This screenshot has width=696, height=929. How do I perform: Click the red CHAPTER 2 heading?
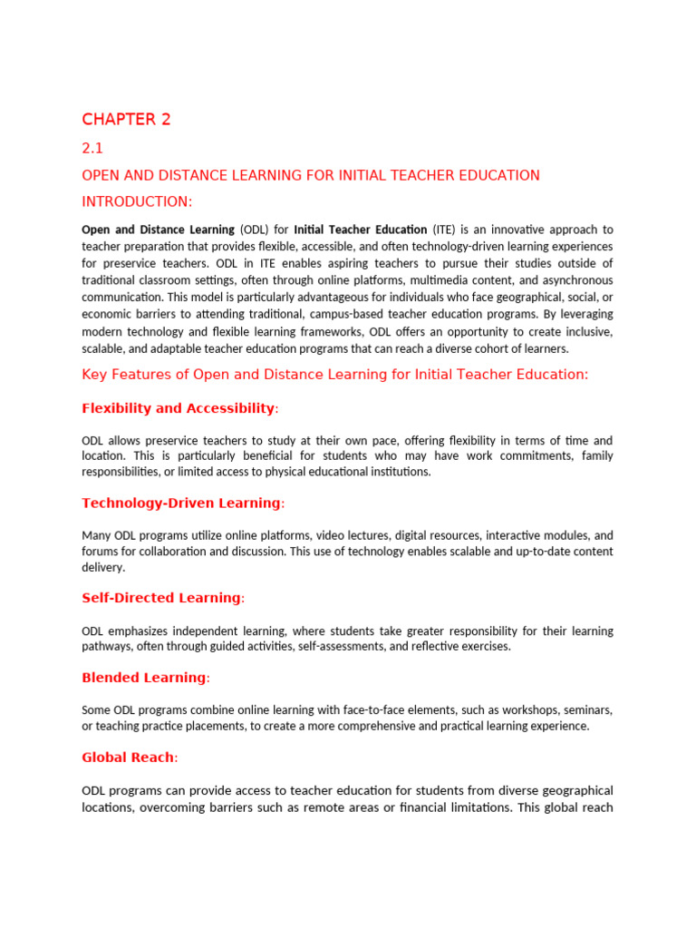pos(126,120)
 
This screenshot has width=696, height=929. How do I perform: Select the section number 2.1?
pos(94,149)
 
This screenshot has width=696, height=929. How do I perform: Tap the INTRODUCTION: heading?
pos(137,200)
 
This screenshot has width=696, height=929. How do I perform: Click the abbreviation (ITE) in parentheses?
pos(445,230)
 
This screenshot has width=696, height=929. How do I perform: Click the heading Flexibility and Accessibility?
pos(179,408)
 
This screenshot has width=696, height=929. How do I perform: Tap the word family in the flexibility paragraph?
pos(594,455)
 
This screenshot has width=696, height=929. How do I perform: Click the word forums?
pos(101,552)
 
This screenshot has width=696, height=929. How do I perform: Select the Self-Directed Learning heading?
pos(162,598)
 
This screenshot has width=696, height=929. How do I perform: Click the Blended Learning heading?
pos(145,678)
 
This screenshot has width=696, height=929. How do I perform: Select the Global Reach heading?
pos(129,758)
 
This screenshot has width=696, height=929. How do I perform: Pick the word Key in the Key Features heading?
pos(94,375)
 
